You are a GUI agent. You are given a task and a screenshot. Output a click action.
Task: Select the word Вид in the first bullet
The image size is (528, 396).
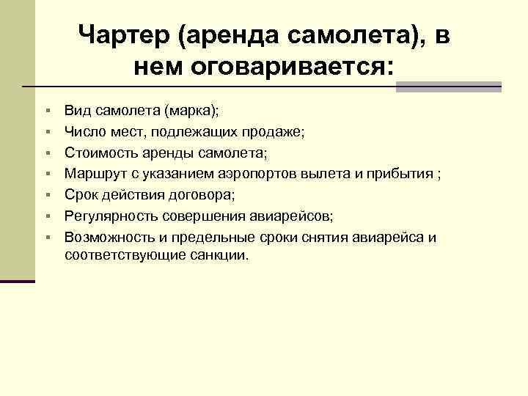[75, 111]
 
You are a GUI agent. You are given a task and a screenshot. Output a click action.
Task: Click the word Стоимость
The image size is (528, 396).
[97, 153]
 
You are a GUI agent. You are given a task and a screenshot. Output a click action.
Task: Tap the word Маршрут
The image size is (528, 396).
[92, 175]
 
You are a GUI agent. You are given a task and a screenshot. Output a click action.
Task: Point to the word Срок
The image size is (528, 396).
[78, 195]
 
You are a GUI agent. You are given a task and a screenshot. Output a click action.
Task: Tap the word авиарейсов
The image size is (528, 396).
[297, 216]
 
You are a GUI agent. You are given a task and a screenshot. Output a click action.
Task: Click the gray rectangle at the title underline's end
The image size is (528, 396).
[448, 87]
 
